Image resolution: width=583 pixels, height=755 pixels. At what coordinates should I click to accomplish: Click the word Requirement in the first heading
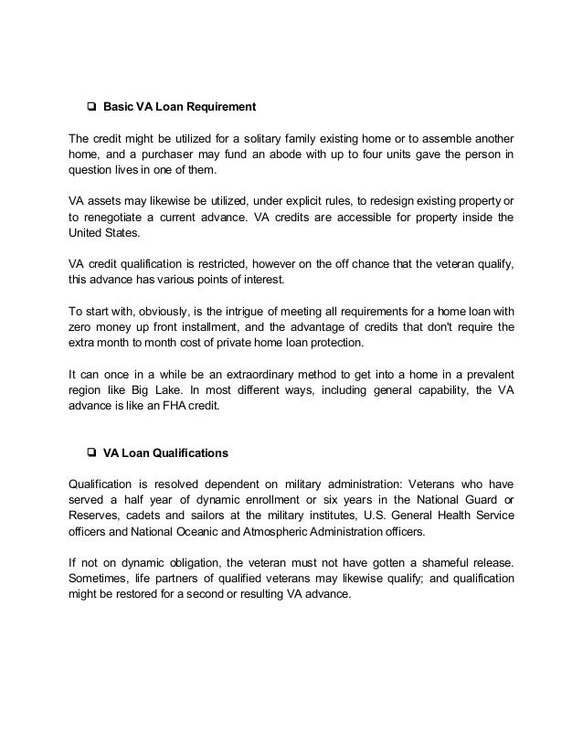tap(217, 107)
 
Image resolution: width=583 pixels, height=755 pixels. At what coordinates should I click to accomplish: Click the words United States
tap(105, 234)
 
